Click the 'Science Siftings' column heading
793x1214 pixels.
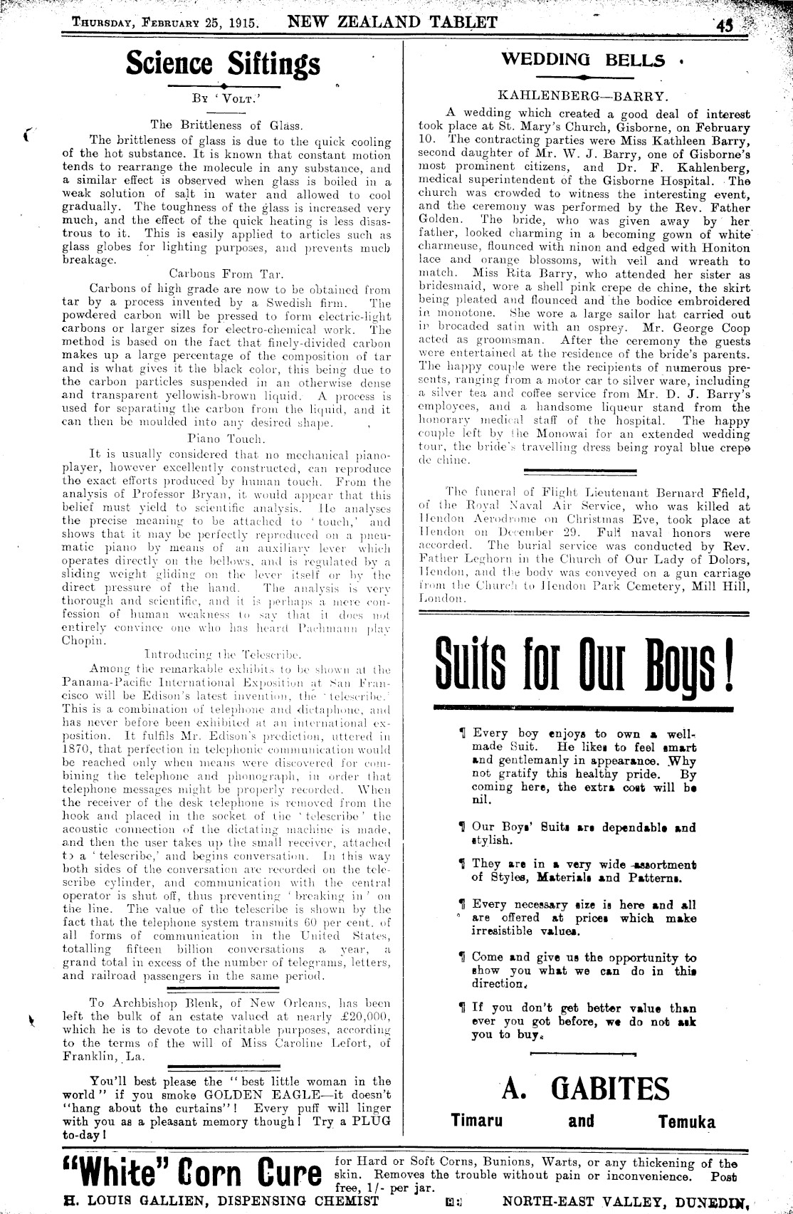pos(223,64)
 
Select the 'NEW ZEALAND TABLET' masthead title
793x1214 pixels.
pos(392,21)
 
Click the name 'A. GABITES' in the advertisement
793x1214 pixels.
pos(585,1089)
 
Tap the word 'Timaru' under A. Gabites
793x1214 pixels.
pos(477,1120)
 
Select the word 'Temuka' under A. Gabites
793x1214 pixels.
pos(686,1122)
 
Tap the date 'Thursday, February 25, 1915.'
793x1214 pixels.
pos(166,21)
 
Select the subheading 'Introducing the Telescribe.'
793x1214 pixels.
pos(224,654)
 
